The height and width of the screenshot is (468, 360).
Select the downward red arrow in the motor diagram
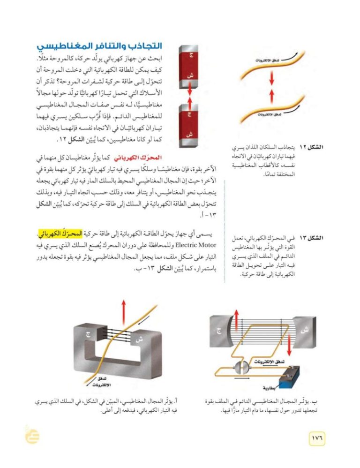289,346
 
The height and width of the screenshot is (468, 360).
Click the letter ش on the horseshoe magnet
139,338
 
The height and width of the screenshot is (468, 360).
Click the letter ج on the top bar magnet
191,55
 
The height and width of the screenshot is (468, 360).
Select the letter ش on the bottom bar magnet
191,134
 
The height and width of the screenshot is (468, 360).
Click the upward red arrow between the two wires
271,96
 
